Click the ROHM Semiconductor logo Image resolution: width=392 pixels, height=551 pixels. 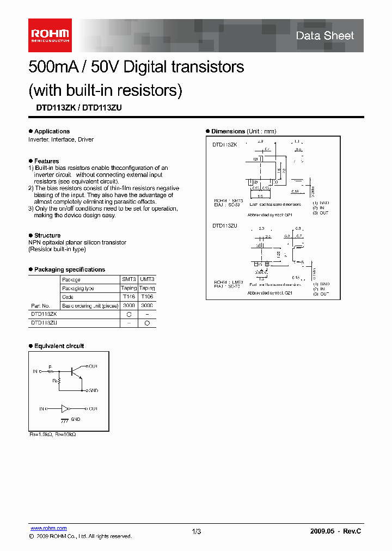(50, 36)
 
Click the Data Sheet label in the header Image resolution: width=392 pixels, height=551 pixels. (324, 36)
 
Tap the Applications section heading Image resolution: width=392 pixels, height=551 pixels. (52, 131)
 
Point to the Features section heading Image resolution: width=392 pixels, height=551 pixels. (46, 161)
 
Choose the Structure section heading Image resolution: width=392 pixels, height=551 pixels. (47, 236)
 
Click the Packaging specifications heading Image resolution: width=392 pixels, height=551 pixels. (69, 270)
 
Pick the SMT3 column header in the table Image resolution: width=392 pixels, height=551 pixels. (129, 279)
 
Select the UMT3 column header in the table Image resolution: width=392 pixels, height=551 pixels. (147, 279)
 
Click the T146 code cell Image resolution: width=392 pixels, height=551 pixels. (129, 297)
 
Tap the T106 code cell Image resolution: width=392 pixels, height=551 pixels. (147, 297)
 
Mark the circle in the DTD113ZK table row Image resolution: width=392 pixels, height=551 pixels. (129, 314)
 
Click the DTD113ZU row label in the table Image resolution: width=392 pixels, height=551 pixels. (44, 323)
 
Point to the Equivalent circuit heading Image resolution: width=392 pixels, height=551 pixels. (59, 346)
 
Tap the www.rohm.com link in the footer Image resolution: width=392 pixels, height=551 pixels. (48, 528)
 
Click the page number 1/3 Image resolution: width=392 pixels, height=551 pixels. (197, 531)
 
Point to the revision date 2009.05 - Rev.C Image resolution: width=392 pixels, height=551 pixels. (335, 531)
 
